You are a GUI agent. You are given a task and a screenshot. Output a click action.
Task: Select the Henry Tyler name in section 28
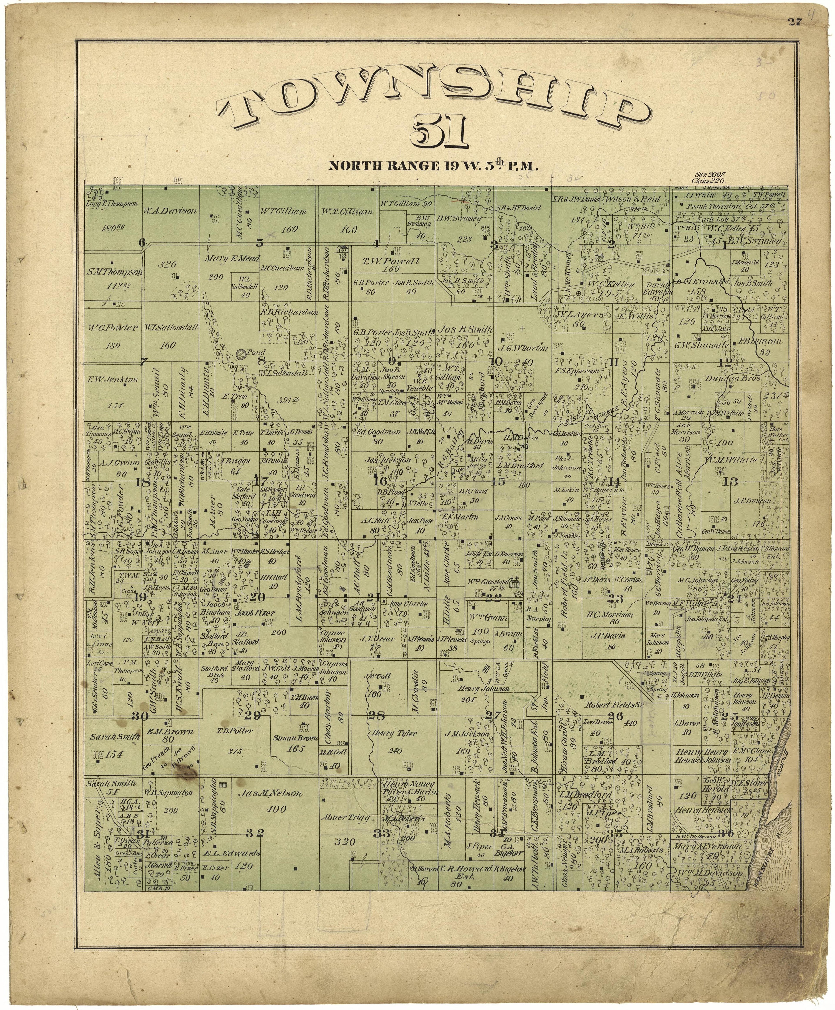pos(393,734)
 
